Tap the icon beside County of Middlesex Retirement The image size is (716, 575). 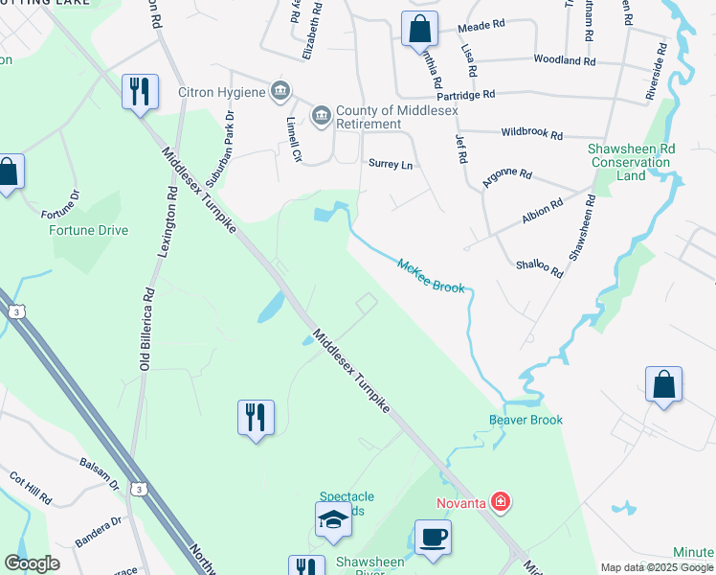pos(321,117)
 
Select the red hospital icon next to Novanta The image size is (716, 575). pos(499,501)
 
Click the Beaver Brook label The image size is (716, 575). pos(526,420)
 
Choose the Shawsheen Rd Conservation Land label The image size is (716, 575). pos(631,162)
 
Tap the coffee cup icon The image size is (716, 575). pos(433,538)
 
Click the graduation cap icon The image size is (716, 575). pos(333,519)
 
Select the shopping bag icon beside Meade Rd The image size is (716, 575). pos(419,29)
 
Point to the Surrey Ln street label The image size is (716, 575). pos(391,165)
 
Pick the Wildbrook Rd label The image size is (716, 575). pos(531,136)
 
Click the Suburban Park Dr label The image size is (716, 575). pos(229,140)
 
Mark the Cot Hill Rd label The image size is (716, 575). pos(30,488)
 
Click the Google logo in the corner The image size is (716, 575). pos(33,563)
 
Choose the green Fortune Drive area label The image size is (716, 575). pos(87,230)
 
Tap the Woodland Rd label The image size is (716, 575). pos(565,60)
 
